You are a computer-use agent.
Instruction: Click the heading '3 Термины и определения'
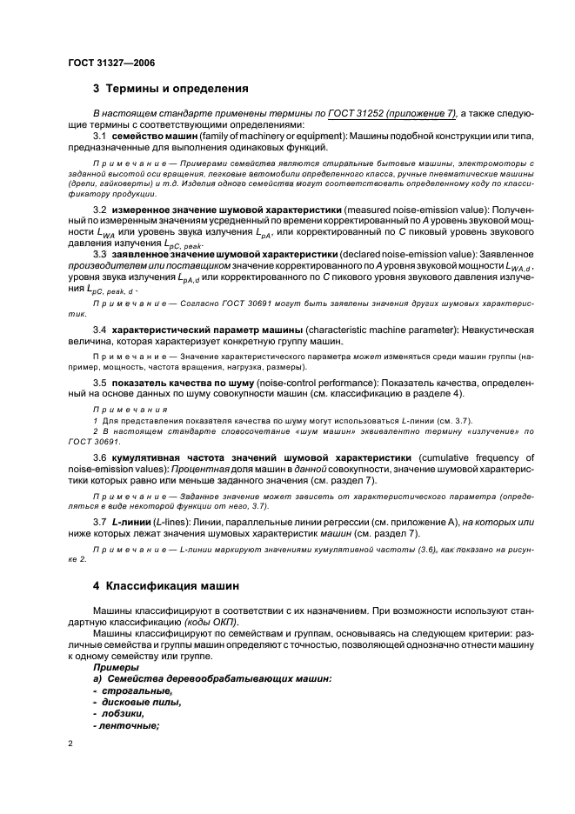point(170,89)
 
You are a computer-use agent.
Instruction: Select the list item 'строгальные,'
point(130,691)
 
